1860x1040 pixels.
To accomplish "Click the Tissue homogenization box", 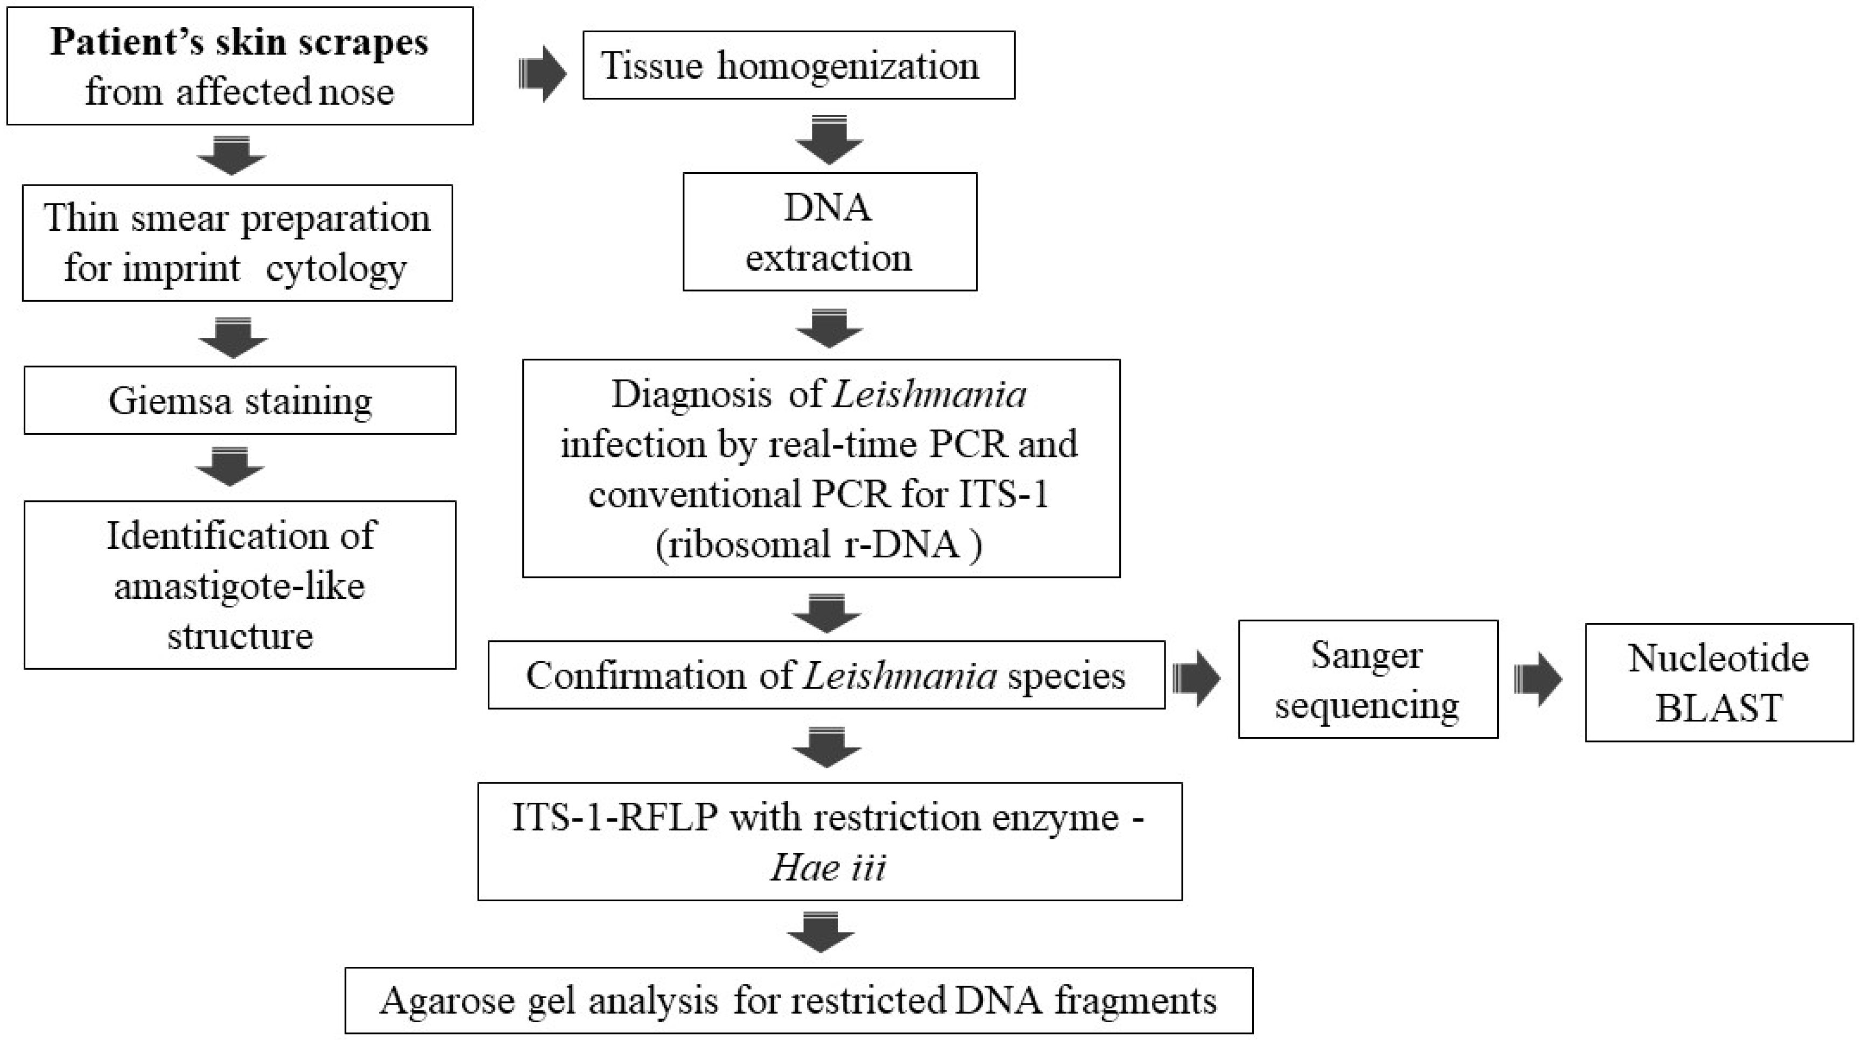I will (798, 65).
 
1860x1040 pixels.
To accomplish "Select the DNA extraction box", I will (829, 232).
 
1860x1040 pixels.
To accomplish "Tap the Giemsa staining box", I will (240, 400).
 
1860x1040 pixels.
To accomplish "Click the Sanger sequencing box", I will (1367, 679).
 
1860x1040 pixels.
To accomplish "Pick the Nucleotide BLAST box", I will (1718, 682).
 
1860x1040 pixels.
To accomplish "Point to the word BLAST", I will (1718, 708).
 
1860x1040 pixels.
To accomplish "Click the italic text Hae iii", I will (828, 867).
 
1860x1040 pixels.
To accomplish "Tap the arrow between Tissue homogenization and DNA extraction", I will (829, 141).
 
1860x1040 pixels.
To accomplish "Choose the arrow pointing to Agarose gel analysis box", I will (821, 932).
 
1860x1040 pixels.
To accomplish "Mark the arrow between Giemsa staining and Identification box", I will (230, 467).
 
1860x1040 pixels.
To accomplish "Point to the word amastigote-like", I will (239, 586).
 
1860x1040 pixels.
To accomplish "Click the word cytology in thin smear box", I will (336, 269).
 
